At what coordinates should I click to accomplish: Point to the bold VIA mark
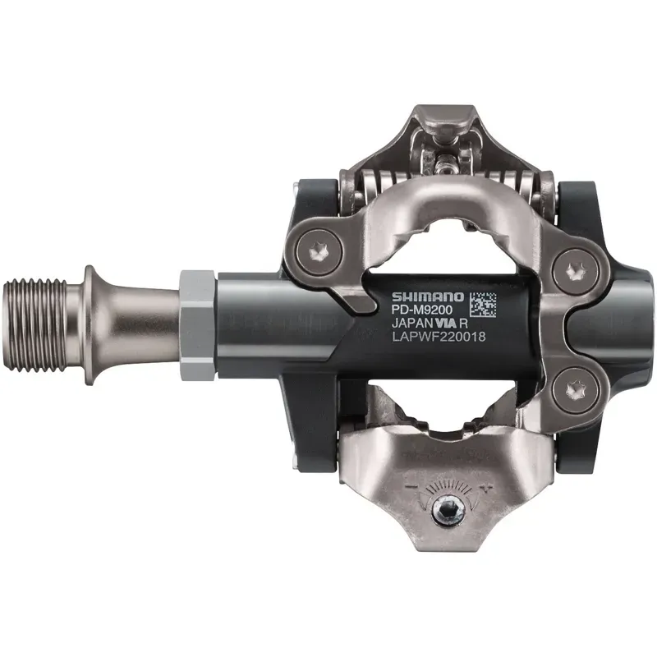pos(446,324)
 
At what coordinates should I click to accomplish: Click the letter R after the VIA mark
pos(466,324)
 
